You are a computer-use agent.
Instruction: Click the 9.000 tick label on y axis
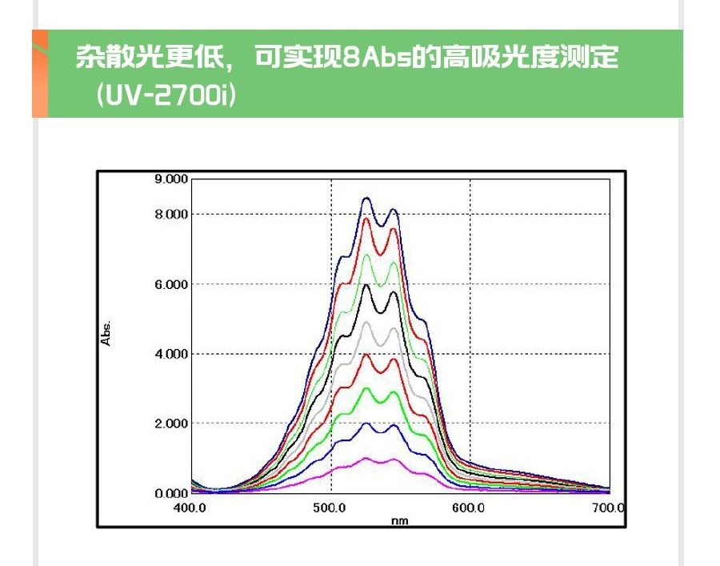(171, 179)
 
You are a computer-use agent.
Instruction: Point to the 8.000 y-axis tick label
(171, 214)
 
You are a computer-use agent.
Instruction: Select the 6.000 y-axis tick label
(171, 284)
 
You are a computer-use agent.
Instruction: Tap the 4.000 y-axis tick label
(171, 354)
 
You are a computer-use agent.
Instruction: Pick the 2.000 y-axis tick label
(171, 423)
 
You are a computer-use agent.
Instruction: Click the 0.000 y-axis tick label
(171, 493)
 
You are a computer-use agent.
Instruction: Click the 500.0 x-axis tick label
(330, 508)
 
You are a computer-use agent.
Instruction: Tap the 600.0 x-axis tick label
(469, 508)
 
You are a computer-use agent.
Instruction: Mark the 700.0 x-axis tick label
(609, 508)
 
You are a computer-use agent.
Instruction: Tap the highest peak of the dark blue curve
(366, 198)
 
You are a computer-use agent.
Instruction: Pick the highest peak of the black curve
(366, 285)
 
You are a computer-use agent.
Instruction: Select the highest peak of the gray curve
(366, 322)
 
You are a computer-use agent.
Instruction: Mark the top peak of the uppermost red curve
(367, 219)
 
